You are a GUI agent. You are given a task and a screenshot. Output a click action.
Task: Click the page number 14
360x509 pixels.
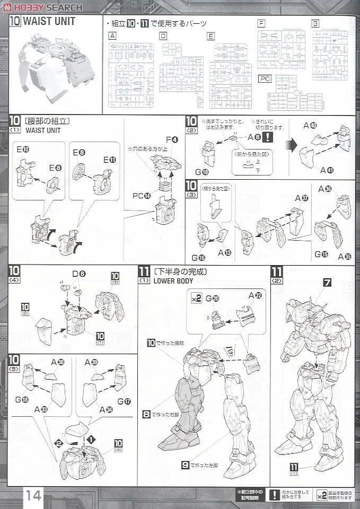[33, 495]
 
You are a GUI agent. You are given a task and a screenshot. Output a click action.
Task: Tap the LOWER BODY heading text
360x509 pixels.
[172, 281]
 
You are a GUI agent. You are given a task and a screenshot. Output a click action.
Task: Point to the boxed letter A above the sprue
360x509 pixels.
[112, 36]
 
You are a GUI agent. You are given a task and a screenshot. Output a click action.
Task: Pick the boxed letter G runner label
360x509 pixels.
[315, 24]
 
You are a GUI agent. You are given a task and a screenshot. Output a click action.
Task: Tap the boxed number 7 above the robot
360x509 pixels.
[327, 283]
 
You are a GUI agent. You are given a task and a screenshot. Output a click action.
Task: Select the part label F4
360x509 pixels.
[172, 139]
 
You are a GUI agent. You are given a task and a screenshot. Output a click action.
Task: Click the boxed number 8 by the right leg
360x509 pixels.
[146, 415]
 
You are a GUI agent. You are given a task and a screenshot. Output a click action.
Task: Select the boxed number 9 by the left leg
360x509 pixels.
[185, 465]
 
